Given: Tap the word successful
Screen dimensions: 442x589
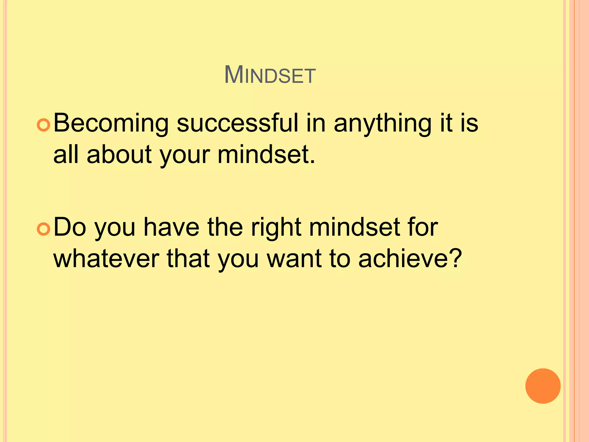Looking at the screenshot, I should (x=238, y=123).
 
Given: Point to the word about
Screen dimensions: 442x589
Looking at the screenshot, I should (x=119, y=155).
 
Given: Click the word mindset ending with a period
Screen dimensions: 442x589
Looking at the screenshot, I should (x=266, y=155).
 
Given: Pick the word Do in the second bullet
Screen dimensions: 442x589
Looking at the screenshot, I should (x=70, y=227).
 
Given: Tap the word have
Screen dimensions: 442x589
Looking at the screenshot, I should (x=171, y=227).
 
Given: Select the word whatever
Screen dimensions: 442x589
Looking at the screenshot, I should (x=106, y=259).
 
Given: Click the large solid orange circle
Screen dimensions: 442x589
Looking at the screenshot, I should (x=543, y=386).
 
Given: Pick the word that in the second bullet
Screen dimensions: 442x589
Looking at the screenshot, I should (x=188, y=259).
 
